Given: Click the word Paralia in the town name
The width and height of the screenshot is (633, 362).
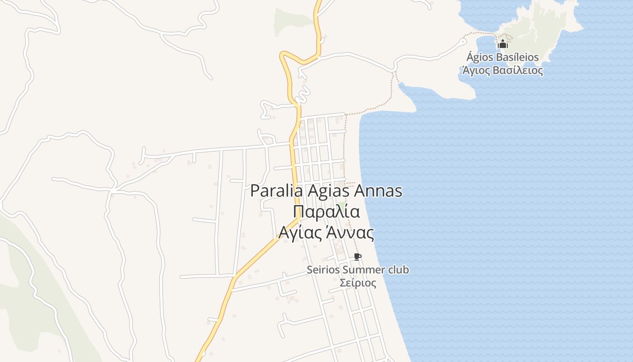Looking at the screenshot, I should coord(277,191).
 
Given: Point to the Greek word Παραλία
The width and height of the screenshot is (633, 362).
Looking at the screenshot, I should coord(326,212).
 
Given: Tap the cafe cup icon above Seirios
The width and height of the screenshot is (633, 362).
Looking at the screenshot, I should coord(358,257).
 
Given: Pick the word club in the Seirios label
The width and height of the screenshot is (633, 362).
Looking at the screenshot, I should coord(398,270).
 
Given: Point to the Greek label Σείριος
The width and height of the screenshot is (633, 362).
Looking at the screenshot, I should coord(358,283).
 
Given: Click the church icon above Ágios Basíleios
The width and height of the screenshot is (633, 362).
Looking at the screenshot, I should coord(503,44).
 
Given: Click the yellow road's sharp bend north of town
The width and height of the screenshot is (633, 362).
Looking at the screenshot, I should coord(283,55).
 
